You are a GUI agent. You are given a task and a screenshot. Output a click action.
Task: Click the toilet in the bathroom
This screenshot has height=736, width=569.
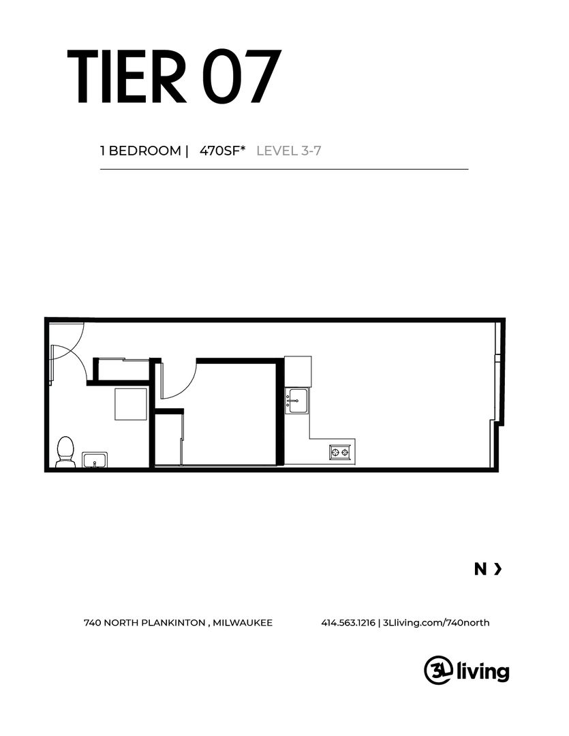[65, 451]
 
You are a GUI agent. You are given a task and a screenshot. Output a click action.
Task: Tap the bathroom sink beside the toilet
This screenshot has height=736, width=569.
[95, 459]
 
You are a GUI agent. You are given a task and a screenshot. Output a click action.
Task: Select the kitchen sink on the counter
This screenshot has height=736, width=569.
[298, 401]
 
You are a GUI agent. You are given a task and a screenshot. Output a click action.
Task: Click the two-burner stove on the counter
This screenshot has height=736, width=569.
[340, 453]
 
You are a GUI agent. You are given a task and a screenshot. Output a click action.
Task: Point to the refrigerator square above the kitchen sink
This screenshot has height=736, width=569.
[298, 371]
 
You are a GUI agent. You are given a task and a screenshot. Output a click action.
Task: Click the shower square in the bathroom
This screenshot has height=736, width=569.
[131, 404]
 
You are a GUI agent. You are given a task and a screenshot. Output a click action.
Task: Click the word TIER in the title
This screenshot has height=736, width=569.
[127, 76]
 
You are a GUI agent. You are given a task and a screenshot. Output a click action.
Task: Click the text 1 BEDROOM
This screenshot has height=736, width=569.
[140, 151]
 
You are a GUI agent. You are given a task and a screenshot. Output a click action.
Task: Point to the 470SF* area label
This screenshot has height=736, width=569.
[223, 151]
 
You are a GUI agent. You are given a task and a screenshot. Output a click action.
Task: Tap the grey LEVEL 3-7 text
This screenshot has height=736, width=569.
[289, 151]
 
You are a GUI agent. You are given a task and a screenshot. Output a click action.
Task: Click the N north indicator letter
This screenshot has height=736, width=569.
[480, 569]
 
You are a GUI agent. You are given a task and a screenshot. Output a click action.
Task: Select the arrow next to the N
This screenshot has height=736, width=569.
[498, 569]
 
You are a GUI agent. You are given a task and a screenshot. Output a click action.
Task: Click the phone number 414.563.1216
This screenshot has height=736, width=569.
[348, 623]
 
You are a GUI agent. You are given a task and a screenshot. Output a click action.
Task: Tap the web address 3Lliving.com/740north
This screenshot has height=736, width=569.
[436, 623]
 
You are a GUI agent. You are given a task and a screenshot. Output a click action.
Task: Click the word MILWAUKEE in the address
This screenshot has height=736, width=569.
[243, 623]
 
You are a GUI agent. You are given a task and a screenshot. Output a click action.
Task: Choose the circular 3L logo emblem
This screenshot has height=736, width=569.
[438, 670]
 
